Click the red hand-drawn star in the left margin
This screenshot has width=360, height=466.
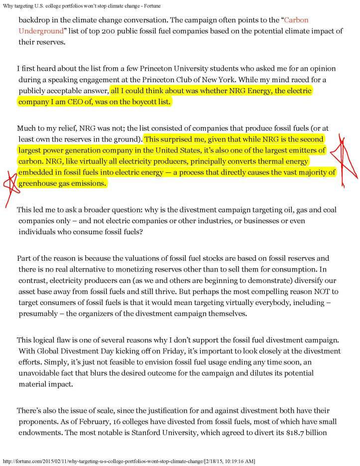tap(9, 182)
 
